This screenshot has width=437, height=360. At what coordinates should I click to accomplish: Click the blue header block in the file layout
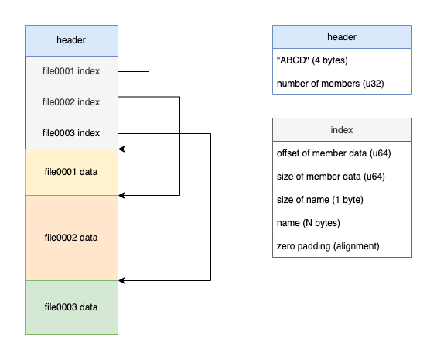[x=71, y=40]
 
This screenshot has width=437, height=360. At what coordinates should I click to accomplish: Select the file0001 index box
[x=71, y=71]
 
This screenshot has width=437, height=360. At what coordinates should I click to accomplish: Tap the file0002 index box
[x=71, y=102]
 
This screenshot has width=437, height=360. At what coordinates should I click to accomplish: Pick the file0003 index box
[x=71, y=133]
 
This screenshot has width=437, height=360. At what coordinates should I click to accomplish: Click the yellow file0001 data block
[x=71, y=172]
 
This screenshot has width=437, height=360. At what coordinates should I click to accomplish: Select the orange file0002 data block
[x=71, y=238]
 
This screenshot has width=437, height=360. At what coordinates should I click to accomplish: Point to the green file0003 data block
[x=71, y=307]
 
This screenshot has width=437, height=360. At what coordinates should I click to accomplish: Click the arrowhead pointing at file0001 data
[x=121, y=149]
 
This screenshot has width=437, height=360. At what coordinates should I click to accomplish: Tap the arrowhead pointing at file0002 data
[x=121, y=195]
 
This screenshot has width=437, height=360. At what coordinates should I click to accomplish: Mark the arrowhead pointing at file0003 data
[x=121, y=280]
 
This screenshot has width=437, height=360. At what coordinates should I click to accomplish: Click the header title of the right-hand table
[x=342, y=37]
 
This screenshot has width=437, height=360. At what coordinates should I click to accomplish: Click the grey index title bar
[x=342, y=130]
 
